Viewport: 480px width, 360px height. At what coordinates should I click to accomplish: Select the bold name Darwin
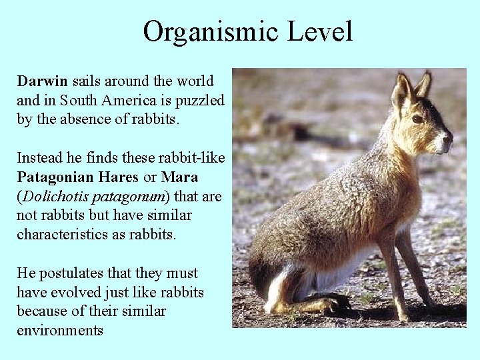(x=43, y=81)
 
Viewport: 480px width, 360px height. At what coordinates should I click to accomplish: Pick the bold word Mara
(x=180, y=178)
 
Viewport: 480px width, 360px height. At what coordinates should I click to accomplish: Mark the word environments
(x=60, y=331)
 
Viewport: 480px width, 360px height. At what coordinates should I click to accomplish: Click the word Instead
(x=40, y=159)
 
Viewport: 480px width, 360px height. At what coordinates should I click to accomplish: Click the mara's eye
(x=417, y=119)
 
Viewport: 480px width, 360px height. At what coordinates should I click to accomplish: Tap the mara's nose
(x=449, y=139)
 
